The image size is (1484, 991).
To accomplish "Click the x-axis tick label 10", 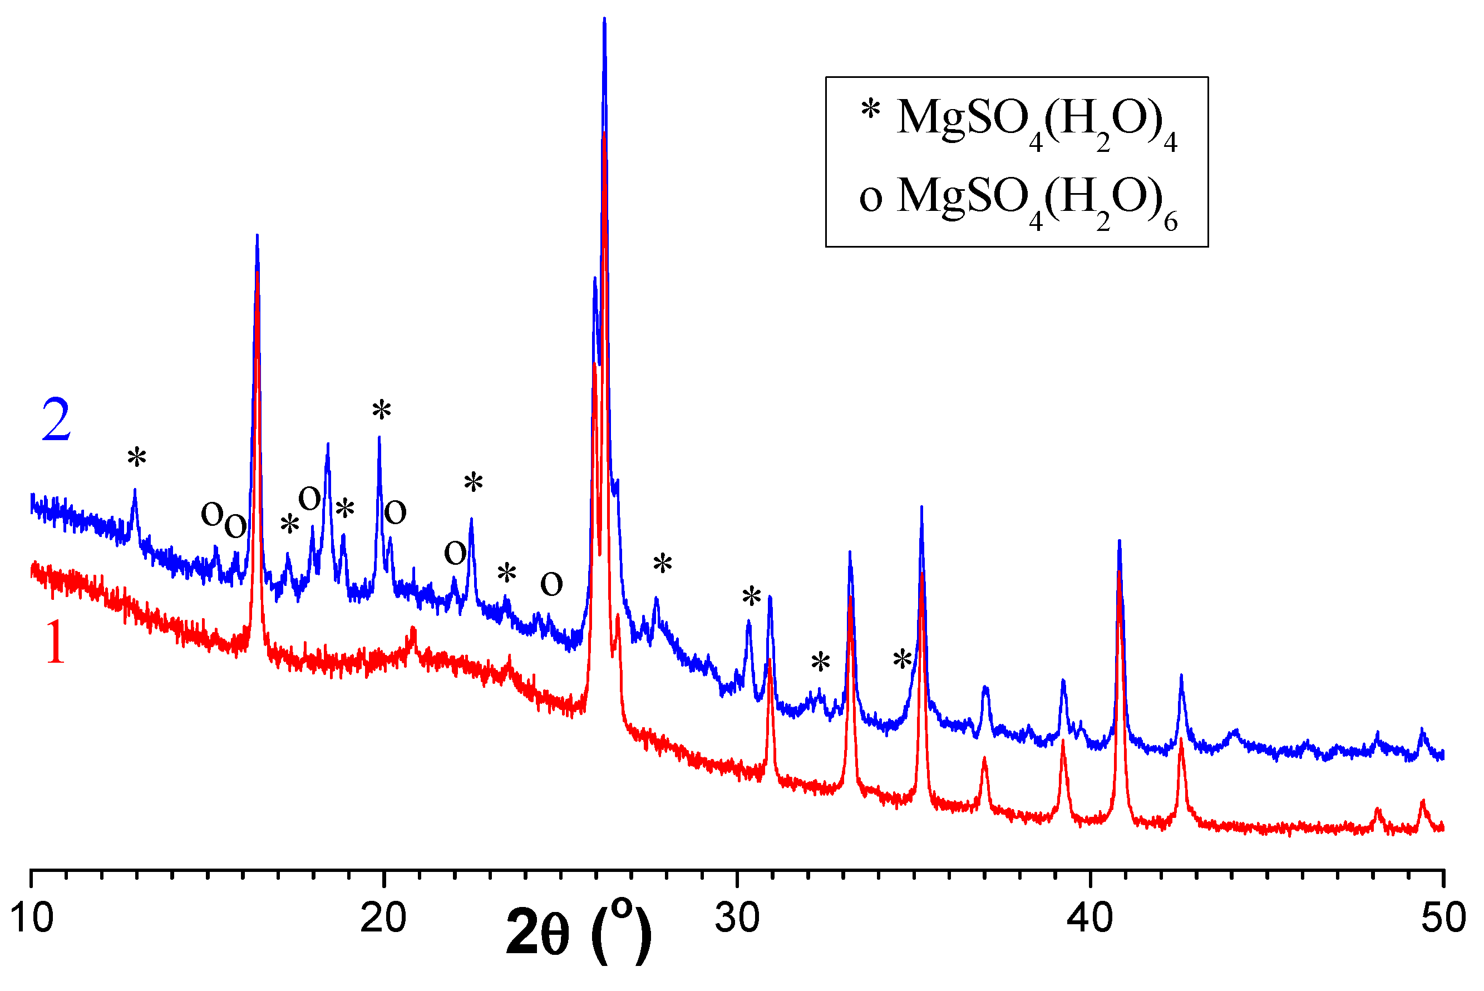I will click(x=32, y=918).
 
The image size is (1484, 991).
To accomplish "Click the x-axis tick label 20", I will click(x=383, y=918).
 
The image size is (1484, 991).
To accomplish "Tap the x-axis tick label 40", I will click(x=1089, y=918).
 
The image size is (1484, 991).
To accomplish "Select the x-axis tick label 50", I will click(x=1443, y=918).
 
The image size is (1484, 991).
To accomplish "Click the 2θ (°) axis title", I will click(x=578, y=932).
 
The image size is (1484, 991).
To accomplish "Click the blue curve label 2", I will click(x=56, y=420).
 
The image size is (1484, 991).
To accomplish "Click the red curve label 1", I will click(x=56, y=643).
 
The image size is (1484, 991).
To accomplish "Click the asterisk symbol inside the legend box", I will click(x=870, y=111).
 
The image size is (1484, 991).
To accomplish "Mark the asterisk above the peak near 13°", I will click(x=136, y=457).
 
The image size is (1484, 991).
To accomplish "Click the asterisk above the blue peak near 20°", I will click(x=382, y=411).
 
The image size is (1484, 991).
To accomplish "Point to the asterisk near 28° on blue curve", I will click(x=662, y=563).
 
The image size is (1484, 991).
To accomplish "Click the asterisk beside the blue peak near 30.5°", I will click(x=752, y=596).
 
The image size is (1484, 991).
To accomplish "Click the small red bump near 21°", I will click(x=413, y=632).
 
